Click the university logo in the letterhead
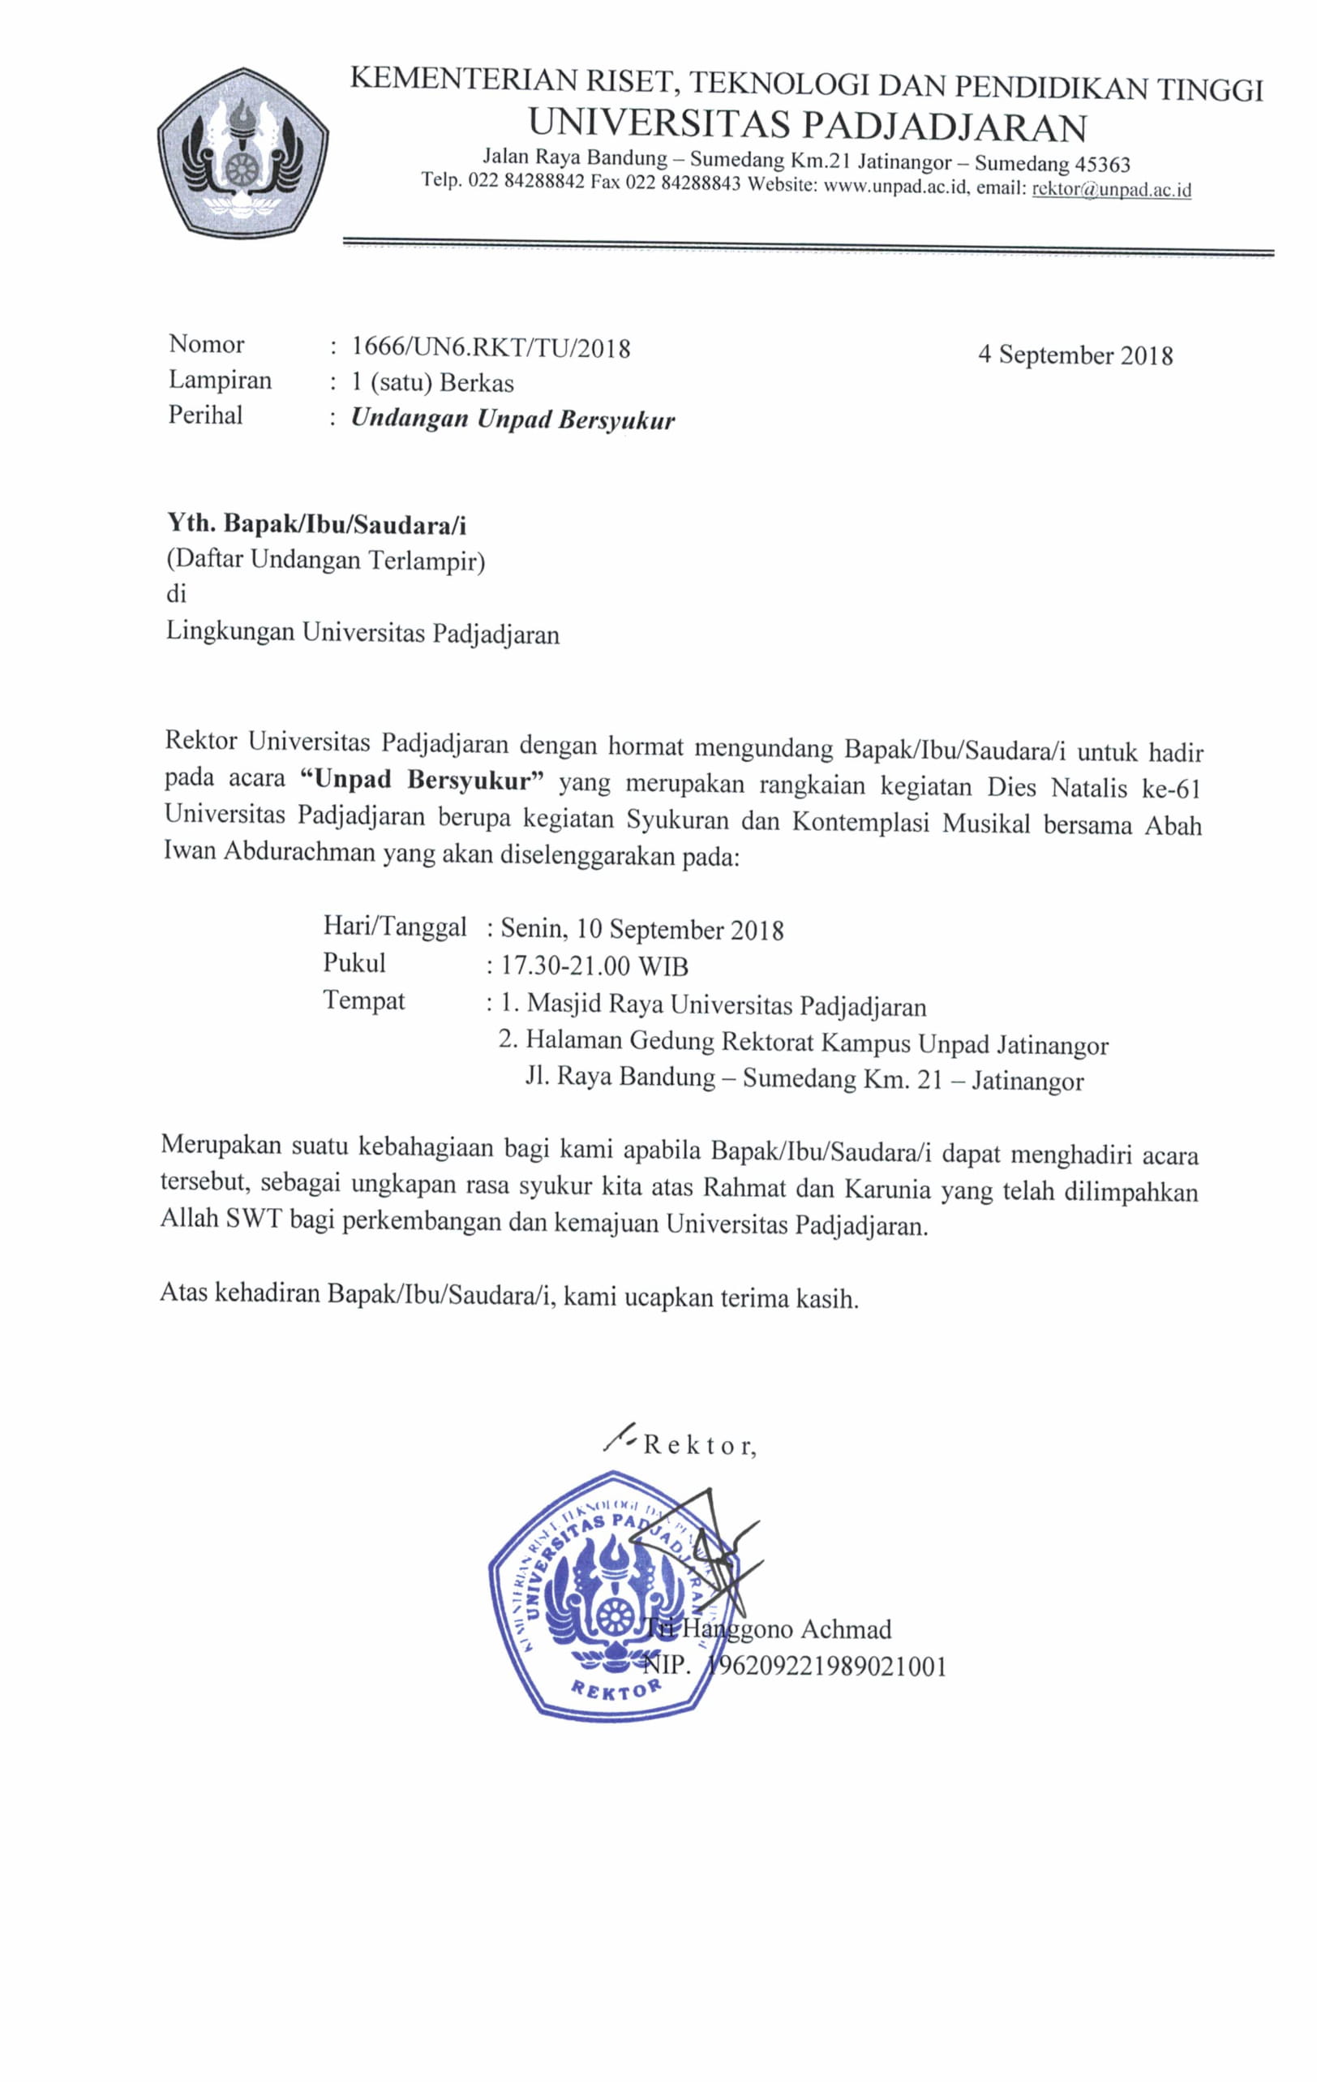click(x=242, y=153)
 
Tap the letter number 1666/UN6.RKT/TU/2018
click(x=491, y=347)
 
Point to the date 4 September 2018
click(x=1075, y=355)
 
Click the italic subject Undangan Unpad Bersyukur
click(x=513, y=419)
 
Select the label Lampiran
click(x=220, y=381)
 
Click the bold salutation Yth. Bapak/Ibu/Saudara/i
click(x=316, y=524)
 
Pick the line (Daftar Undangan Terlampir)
click(x=326, y=561)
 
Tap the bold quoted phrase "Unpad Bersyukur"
click(x=423, y=780)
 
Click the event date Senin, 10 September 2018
click(x=642, y=930)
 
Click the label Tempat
click(x=364, y=1001)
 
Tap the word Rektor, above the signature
click(x=700, y=1445)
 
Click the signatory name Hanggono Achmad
click(x=787, y=1629)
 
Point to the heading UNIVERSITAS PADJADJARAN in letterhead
click(x=807, y=127)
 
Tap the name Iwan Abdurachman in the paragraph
click(x=268, y=853)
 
